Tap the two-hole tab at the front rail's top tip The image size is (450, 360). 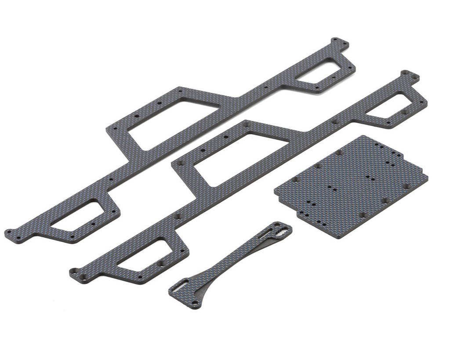[x=410, y=76]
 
